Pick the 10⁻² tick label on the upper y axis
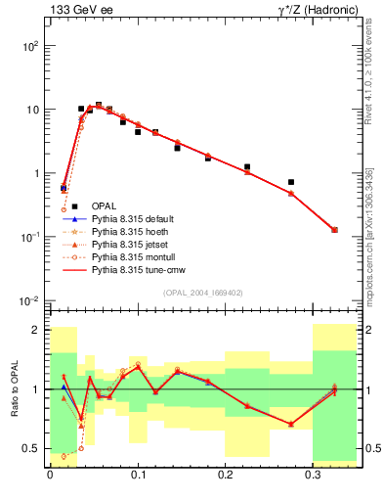(x=30, y=300)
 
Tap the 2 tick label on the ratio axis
(x=36, y=330)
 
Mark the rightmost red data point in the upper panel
(x=334, y=230)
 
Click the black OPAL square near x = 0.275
(x=291, y=182)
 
